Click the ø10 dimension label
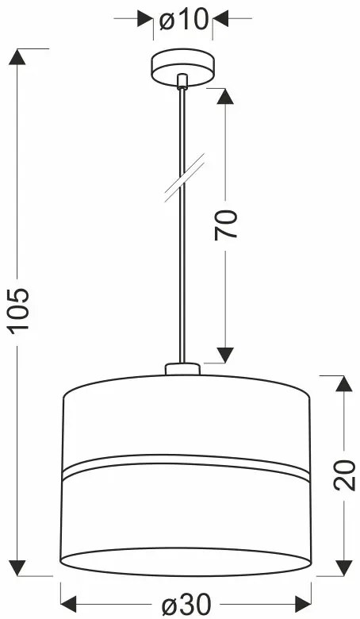click(x=183, y=19)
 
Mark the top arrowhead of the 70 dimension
click(x=226, y=98)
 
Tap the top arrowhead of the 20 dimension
click(x=343, y=384)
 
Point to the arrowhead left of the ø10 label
click(x=145, y=17)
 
